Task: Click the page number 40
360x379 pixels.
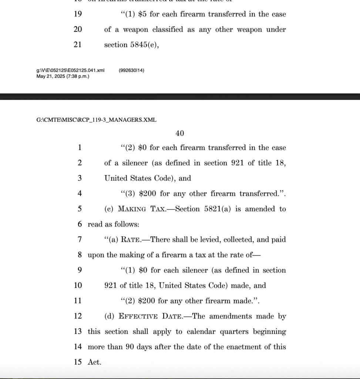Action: point(180,133)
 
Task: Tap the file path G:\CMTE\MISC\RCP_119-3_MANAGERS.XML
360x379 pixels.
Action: point(96,120)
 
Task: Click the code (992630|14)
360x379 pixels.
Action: point(131,70)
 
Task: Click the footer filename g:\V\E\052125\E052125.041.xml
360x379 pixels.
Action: point(70,70)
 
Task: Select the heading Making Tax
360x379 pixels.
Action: point(138,209)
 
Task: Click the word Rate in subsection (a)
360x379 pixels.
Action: point(131,239)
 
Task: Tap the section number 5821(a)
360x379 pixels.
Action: point(218,209)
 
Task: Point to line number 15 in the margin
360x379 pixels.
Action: point(78,362)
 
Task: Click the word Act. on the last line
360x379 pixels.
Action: point(94,362)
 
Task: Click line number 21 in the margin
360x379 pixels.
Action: point(78,45)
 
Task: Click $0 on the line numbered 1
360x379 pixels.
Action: point(142,148)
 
